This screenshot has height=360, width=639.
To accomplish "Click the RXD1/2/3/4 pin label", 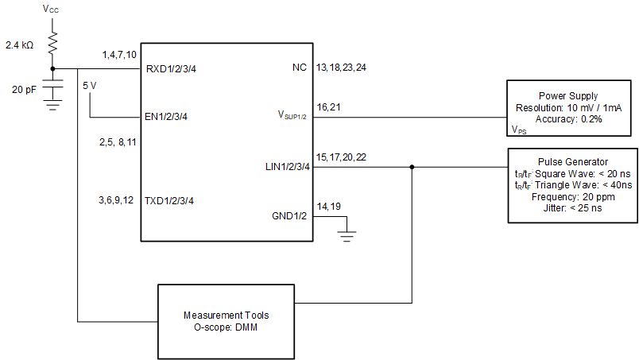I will [171, 69].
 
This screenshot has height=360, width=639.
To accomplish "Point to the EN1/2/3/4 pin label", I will [167, 117].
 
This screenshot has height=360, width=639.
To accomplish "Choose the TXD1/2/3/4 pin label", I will [169, 200].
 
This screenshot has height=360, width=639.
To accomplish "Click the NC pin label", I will [299, 68].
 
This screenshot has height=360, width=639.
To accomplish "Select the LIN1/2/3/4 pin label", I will [286, 167].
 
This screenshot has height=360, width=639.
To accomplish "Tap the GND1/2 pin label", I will [289, 215].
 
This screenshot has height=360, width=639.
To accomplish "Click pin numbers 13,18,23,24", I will [341, 68].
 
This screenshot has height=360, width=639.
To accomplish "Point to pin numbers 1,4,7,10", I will [119, 55].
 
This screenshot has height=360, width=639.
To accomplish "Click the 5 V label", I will [91, 83].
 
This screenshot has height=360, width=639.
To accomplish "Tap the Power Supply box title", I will [567, 95].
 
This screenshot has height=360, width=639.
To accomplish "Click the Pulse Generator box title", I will [572, 161].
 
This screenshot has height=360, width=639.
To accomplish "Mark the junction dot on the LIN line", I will [412, 167].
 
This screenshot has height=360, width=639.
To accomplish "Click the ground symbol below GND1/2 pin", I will [346, 234].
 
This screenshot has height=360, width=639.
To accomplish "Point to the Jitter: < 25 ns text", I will [572, 207].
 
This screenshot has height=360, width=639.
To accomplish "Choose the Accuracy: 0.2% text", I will [567, 118].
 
